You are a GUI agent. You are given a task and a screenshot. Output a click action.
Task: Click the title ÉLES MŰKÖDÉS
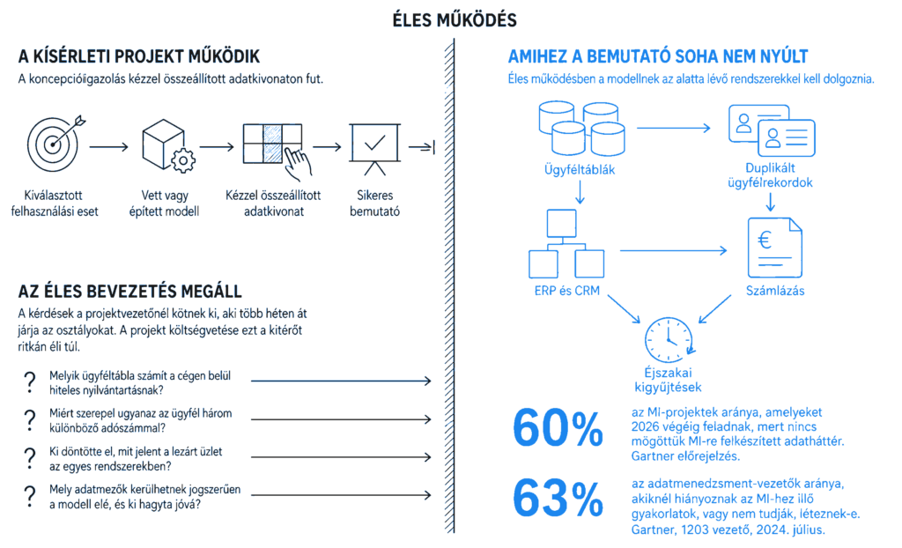pos(455,20)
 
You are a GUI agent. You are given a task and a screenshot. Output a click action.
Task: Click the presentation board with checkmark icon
pos(375,149)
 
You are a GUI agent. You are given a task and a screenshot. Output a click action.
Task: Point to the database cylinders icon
pos(581,129)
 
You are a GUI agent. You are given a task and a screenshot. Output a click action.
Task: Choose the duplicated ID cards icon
pos(772,130)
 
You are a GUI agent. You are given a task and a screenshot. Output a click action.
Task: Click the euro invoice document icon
pos(774,248)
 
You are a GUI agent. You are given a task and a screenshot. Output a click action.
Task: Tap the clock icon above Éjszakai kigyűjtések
pos(669,339)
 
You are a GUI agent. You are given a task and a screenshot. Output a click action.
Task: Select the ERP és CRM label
pos(566,291)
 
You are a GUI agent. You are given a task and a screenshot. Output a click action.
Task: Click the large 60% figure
pos(558,428)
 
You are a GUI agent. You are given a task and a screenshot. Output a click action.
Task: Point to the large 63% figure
pos(558,499)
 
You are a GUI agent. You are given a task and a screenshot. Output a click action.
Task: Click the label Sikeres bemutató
pos(375,204)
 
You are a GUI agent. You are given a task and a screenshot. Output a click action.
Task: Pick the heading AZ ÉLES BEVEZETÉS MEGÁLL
pos(130,292)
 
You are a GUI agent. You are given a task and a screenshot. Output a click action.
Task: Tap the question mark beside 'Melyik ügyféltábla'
pos(30,382)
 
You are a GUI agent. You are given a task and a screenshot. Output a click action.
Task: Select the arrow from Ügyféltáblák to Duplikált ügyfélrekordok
pos(674,128)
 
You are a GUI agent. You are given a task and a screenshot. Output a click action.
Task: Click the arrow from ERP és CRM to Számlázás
pos(673,250)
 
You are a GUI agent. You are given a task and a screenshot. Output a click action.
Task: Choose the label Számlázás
pos(775,291)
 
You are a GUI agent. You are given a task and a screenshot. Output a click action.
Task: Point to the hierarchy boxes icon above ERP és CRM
pos(566,243)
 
